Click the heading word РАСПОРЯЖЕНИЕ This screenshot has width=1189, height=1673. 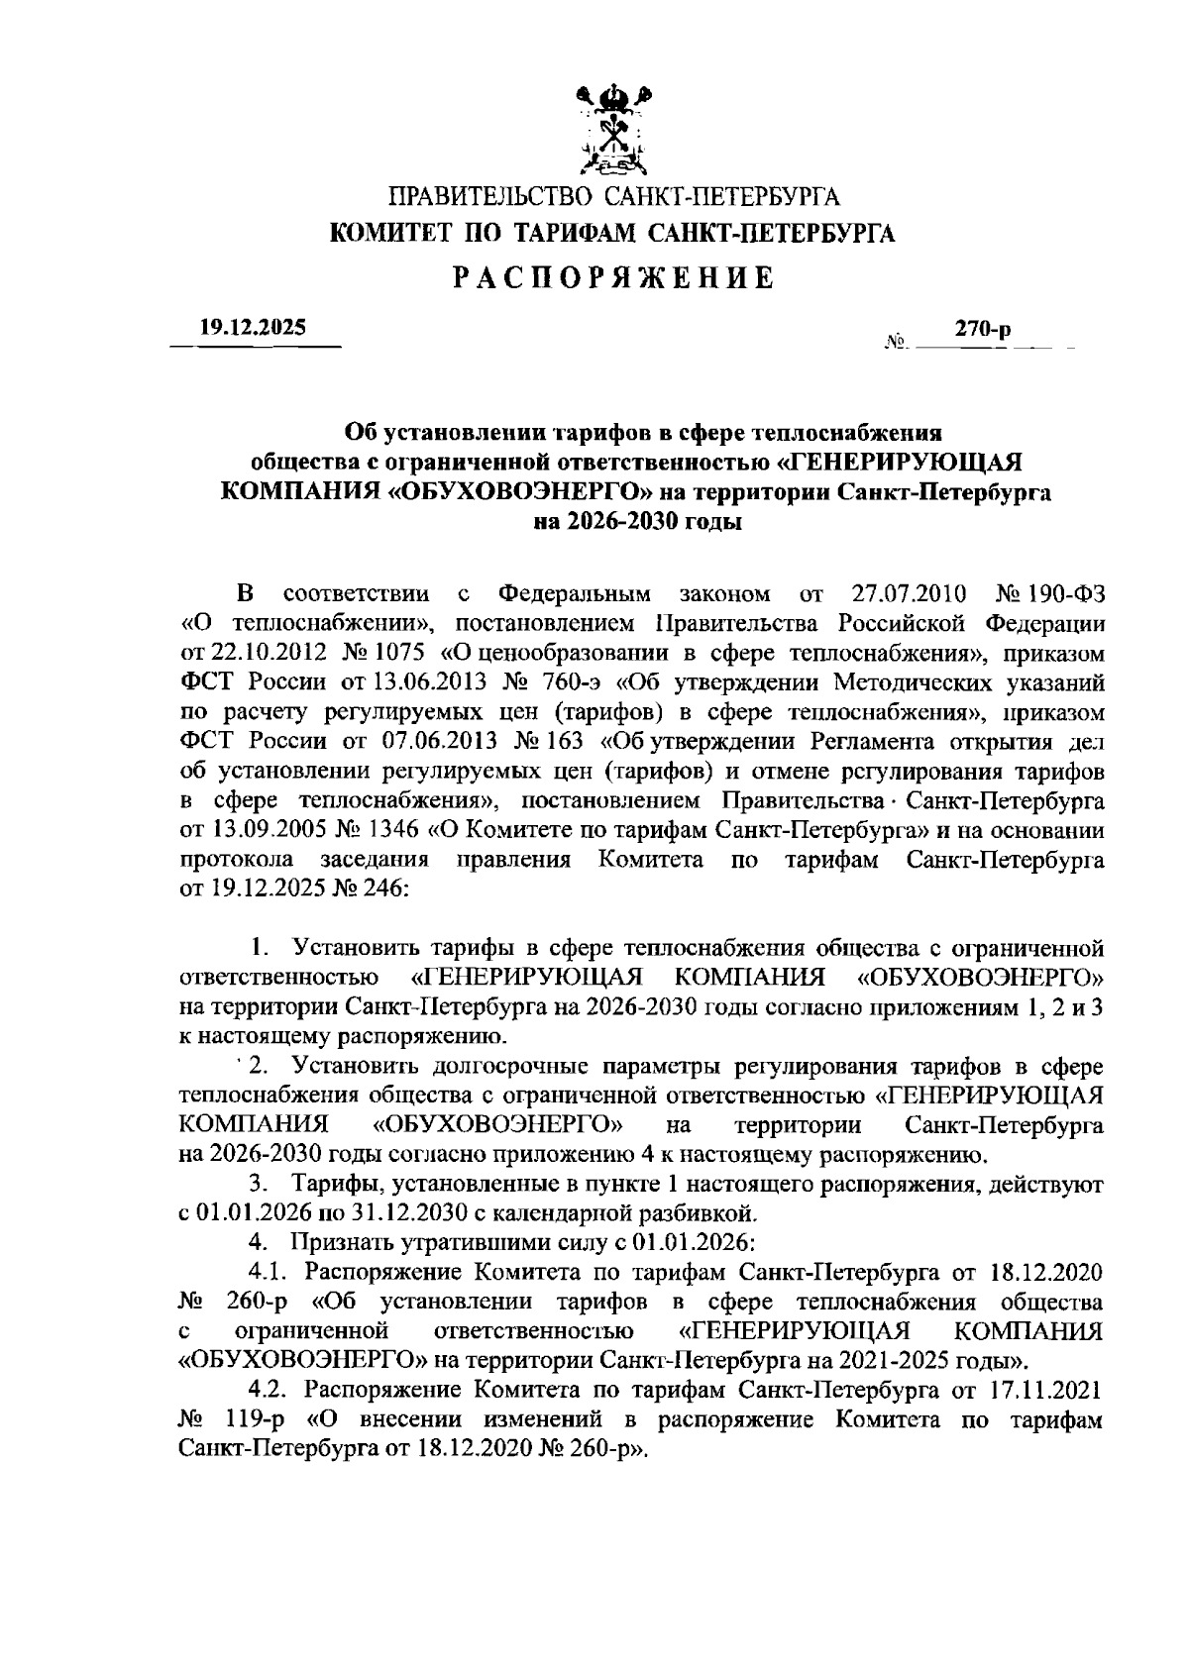click(x=613, y=278)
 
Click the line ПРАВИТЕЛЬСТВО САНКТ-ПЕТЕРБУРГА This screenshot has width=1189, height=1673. click(x=613, y=195)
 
